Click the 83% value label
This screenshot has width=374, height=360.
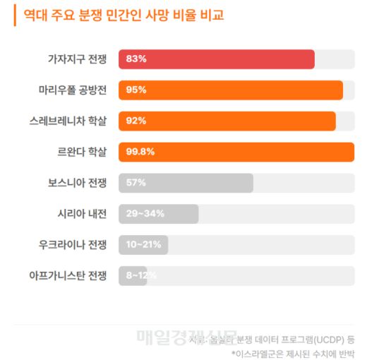click(136, 59)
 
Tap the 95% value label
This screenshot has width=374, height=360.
click(136, 90)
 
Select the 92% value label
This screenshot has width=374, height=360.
click(136, 121)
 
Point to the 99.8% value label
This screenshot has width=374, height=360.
click(140, 152)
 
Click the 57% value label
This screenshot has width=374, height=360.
click(136, 183)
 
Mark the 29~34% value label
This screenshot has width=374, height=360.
click(145, 214)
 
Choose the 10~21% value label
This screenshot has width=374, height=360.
click(144, 245)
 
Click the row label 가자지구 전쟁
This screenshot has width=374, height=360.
click(77, 59)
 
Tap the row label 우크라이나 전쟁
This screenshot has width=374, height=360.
click(73, 245)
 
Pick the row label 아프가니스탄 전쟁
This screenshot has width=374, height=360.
click(68, 275)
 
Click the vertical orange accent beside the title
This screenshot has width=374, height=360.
click(15, 15)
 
